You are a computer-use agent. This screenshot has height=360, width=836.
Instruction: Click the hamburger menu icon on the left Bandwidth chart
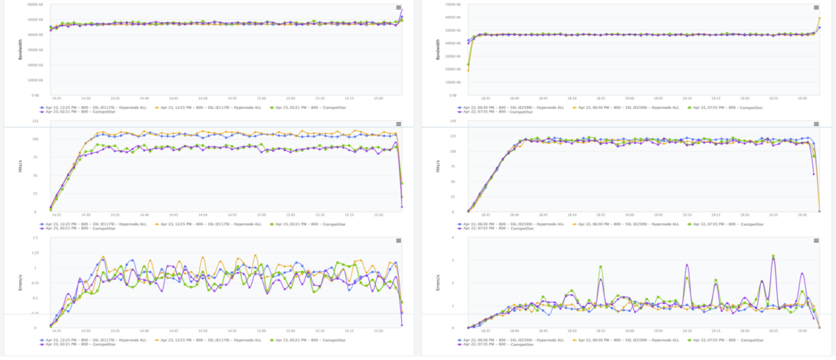coord(398,7)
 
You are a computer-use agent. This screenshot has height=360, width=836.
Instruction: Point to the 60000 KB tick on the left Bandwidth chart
coord(34,4)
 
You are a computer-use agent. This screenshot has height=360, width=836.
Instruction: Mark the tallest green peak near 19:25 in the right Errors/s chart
coord(773,256)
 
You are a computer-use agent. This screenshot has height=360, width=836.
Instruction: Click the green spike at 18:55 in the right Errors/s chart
coord(601,266)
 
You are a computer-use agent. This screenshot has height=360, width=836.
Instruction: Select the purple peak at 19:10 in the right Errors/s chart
coord(687,265)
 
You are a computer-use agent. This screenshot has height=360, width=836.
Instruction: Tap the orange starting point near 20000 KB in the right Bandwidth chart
coord(468,70)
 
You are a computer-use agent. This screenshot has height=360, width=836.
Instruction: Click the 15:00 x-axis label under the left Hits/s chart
coord(261,215)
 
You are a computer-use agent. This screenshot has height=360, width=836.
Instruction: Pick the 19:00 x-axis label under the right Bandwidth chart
coord(629,99)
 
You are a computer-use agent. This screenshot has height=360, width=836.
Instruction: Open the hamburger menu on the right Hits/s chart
coord(816,124)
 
